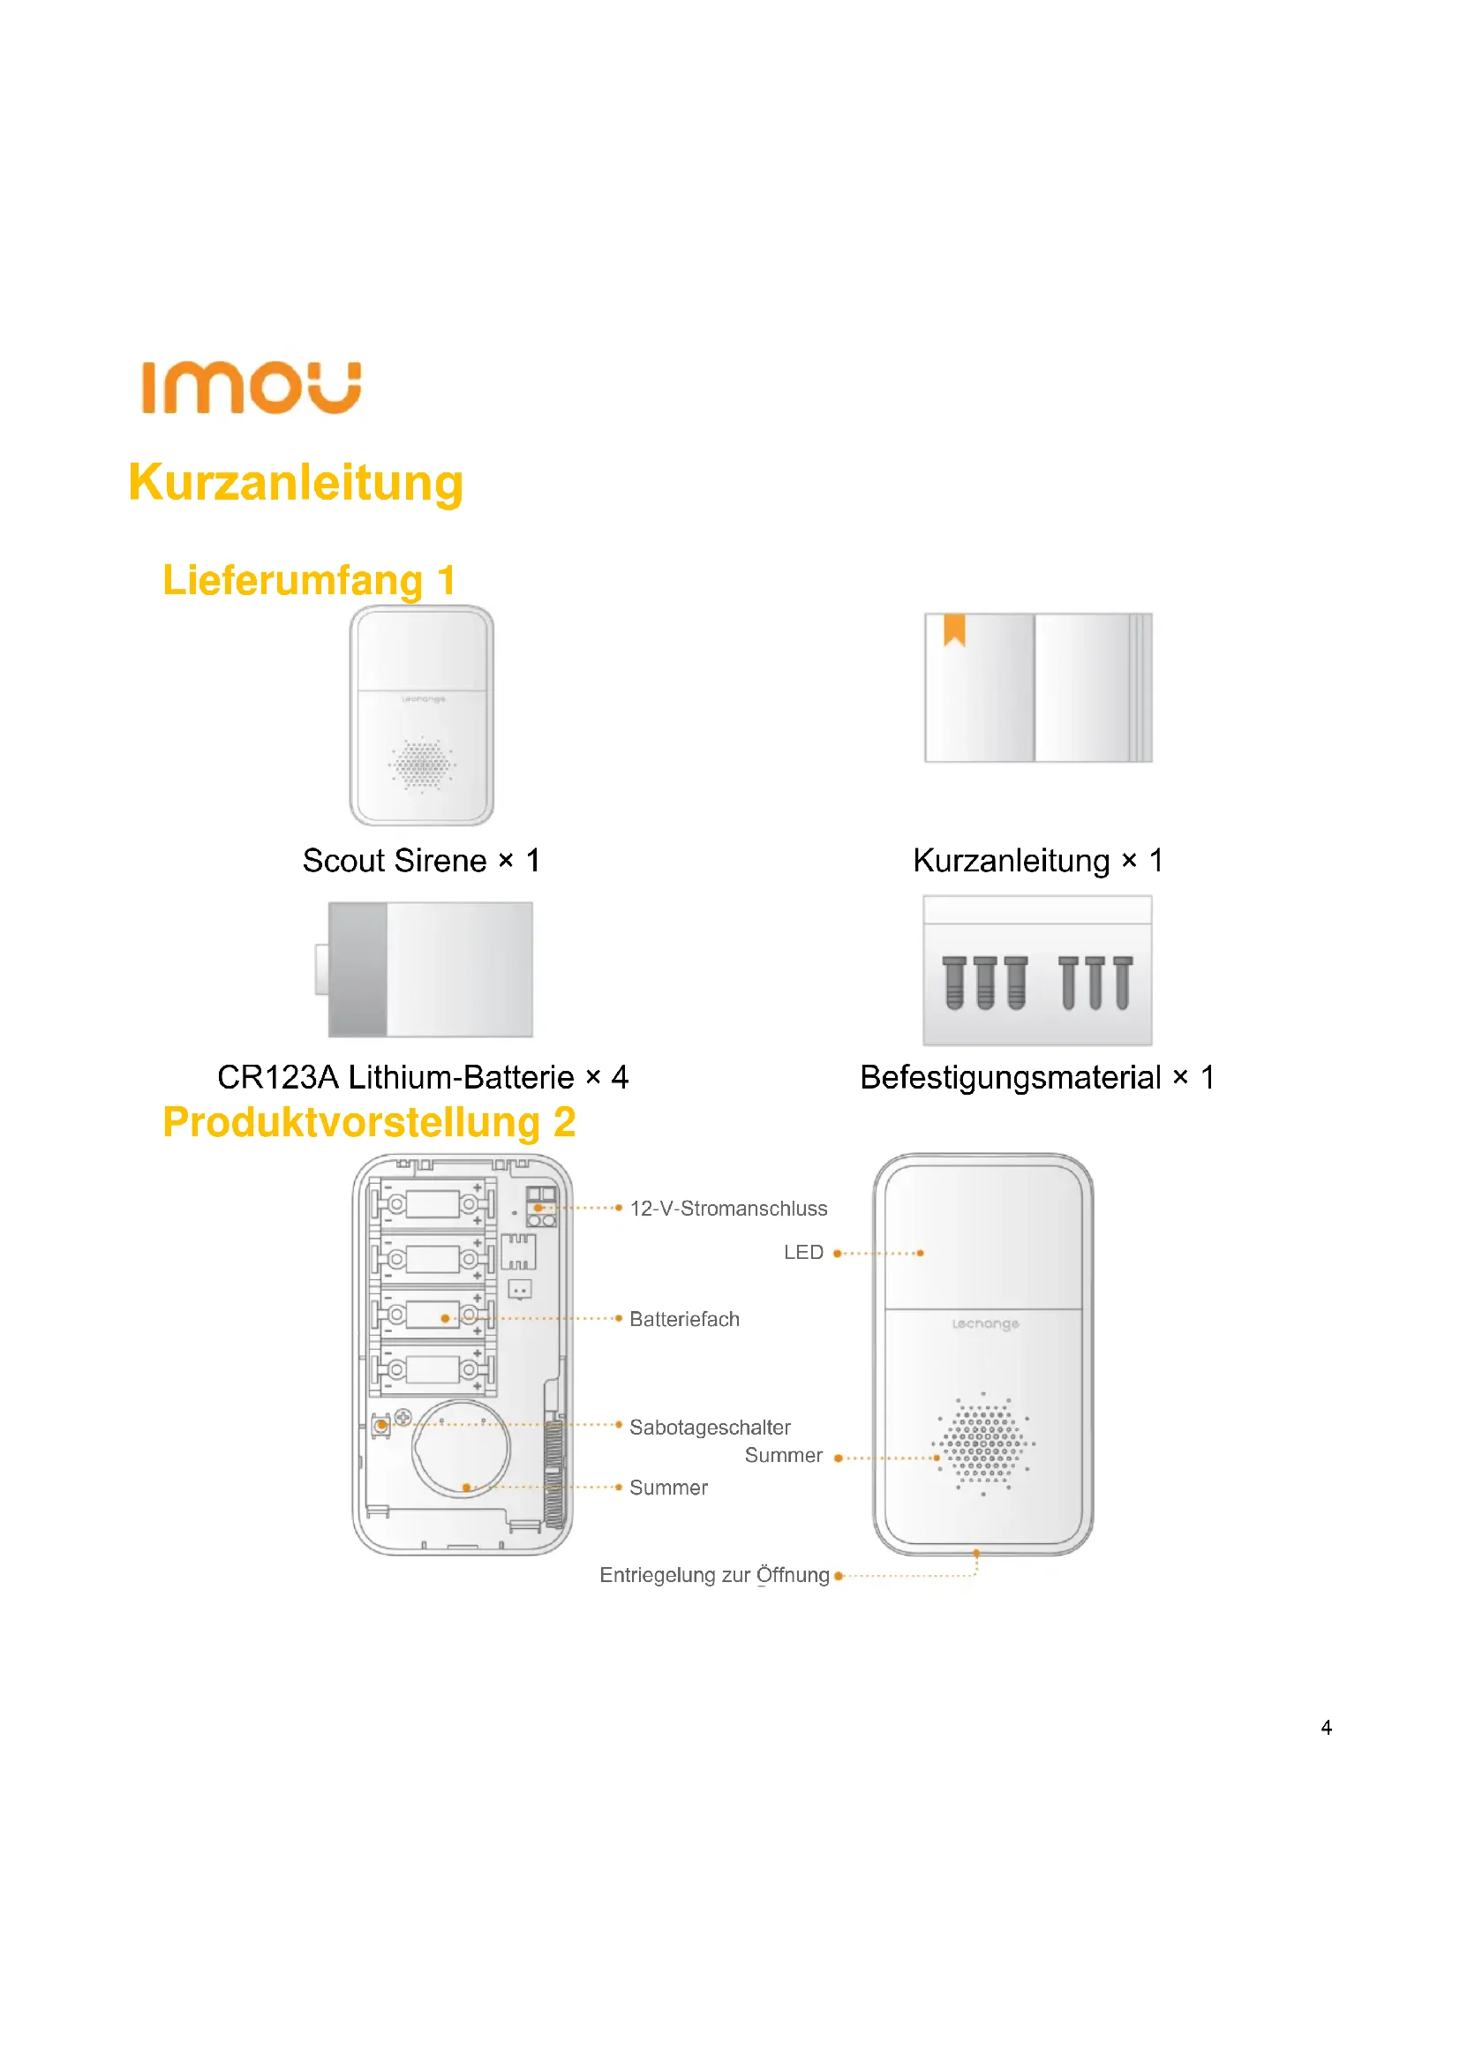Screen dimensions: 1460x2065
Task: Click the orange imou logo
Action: click(x=251, y=388)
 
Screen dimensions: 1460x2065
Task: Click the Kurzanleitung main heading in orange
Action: click(x=296, y=483)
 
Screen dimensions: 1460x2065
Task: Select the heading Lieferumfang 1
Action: click(x=308, y=580)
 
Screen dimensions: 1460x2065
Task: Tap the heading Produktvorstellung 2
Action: click(x=369, y=1122)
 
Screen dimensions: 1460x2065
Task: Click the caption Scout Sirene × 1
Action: click(x=421, y=861)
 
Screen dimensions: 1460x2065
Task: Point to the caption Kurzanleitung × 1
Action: click(x=1037, y=861)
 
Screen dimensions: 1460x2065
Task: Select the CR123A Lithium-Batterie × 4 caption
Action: click(x=423, y=1076)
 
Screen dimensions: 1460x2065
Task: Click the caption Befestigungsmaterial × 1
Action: click(x=1036, y=1076)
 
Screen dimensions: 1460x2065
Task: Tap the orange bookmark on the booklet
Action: click(x=954, y=629)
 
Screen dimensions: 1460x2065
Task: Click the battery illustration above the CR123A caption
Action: click(x=430, y=969)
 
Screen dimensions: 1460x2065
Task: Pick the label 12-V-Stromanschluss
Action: click(x=728, y=1209)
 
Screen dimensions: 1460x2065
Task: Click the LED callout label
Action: click(x=802, y=1253)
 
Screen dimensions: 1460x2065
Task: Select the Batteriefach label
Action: click(x=684, y=1319)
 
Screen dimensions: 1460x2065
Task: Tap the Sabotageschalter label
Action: click(x=710, y=1428)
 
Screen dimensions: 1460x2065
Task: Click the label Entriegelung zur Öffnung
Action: click(x=714, y=1575)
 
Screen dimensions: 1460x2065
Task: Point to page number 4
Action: click(x=1326, y=1727)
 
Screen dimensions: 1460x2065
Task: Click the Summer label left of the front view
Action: click(x=783, y=1455)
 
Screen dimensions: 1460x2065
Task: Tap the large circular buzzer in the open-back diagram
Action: click(x=460, y=1449)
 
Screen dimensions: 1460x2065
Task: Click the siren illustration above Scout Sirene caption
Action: click(x=422, y=715)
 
